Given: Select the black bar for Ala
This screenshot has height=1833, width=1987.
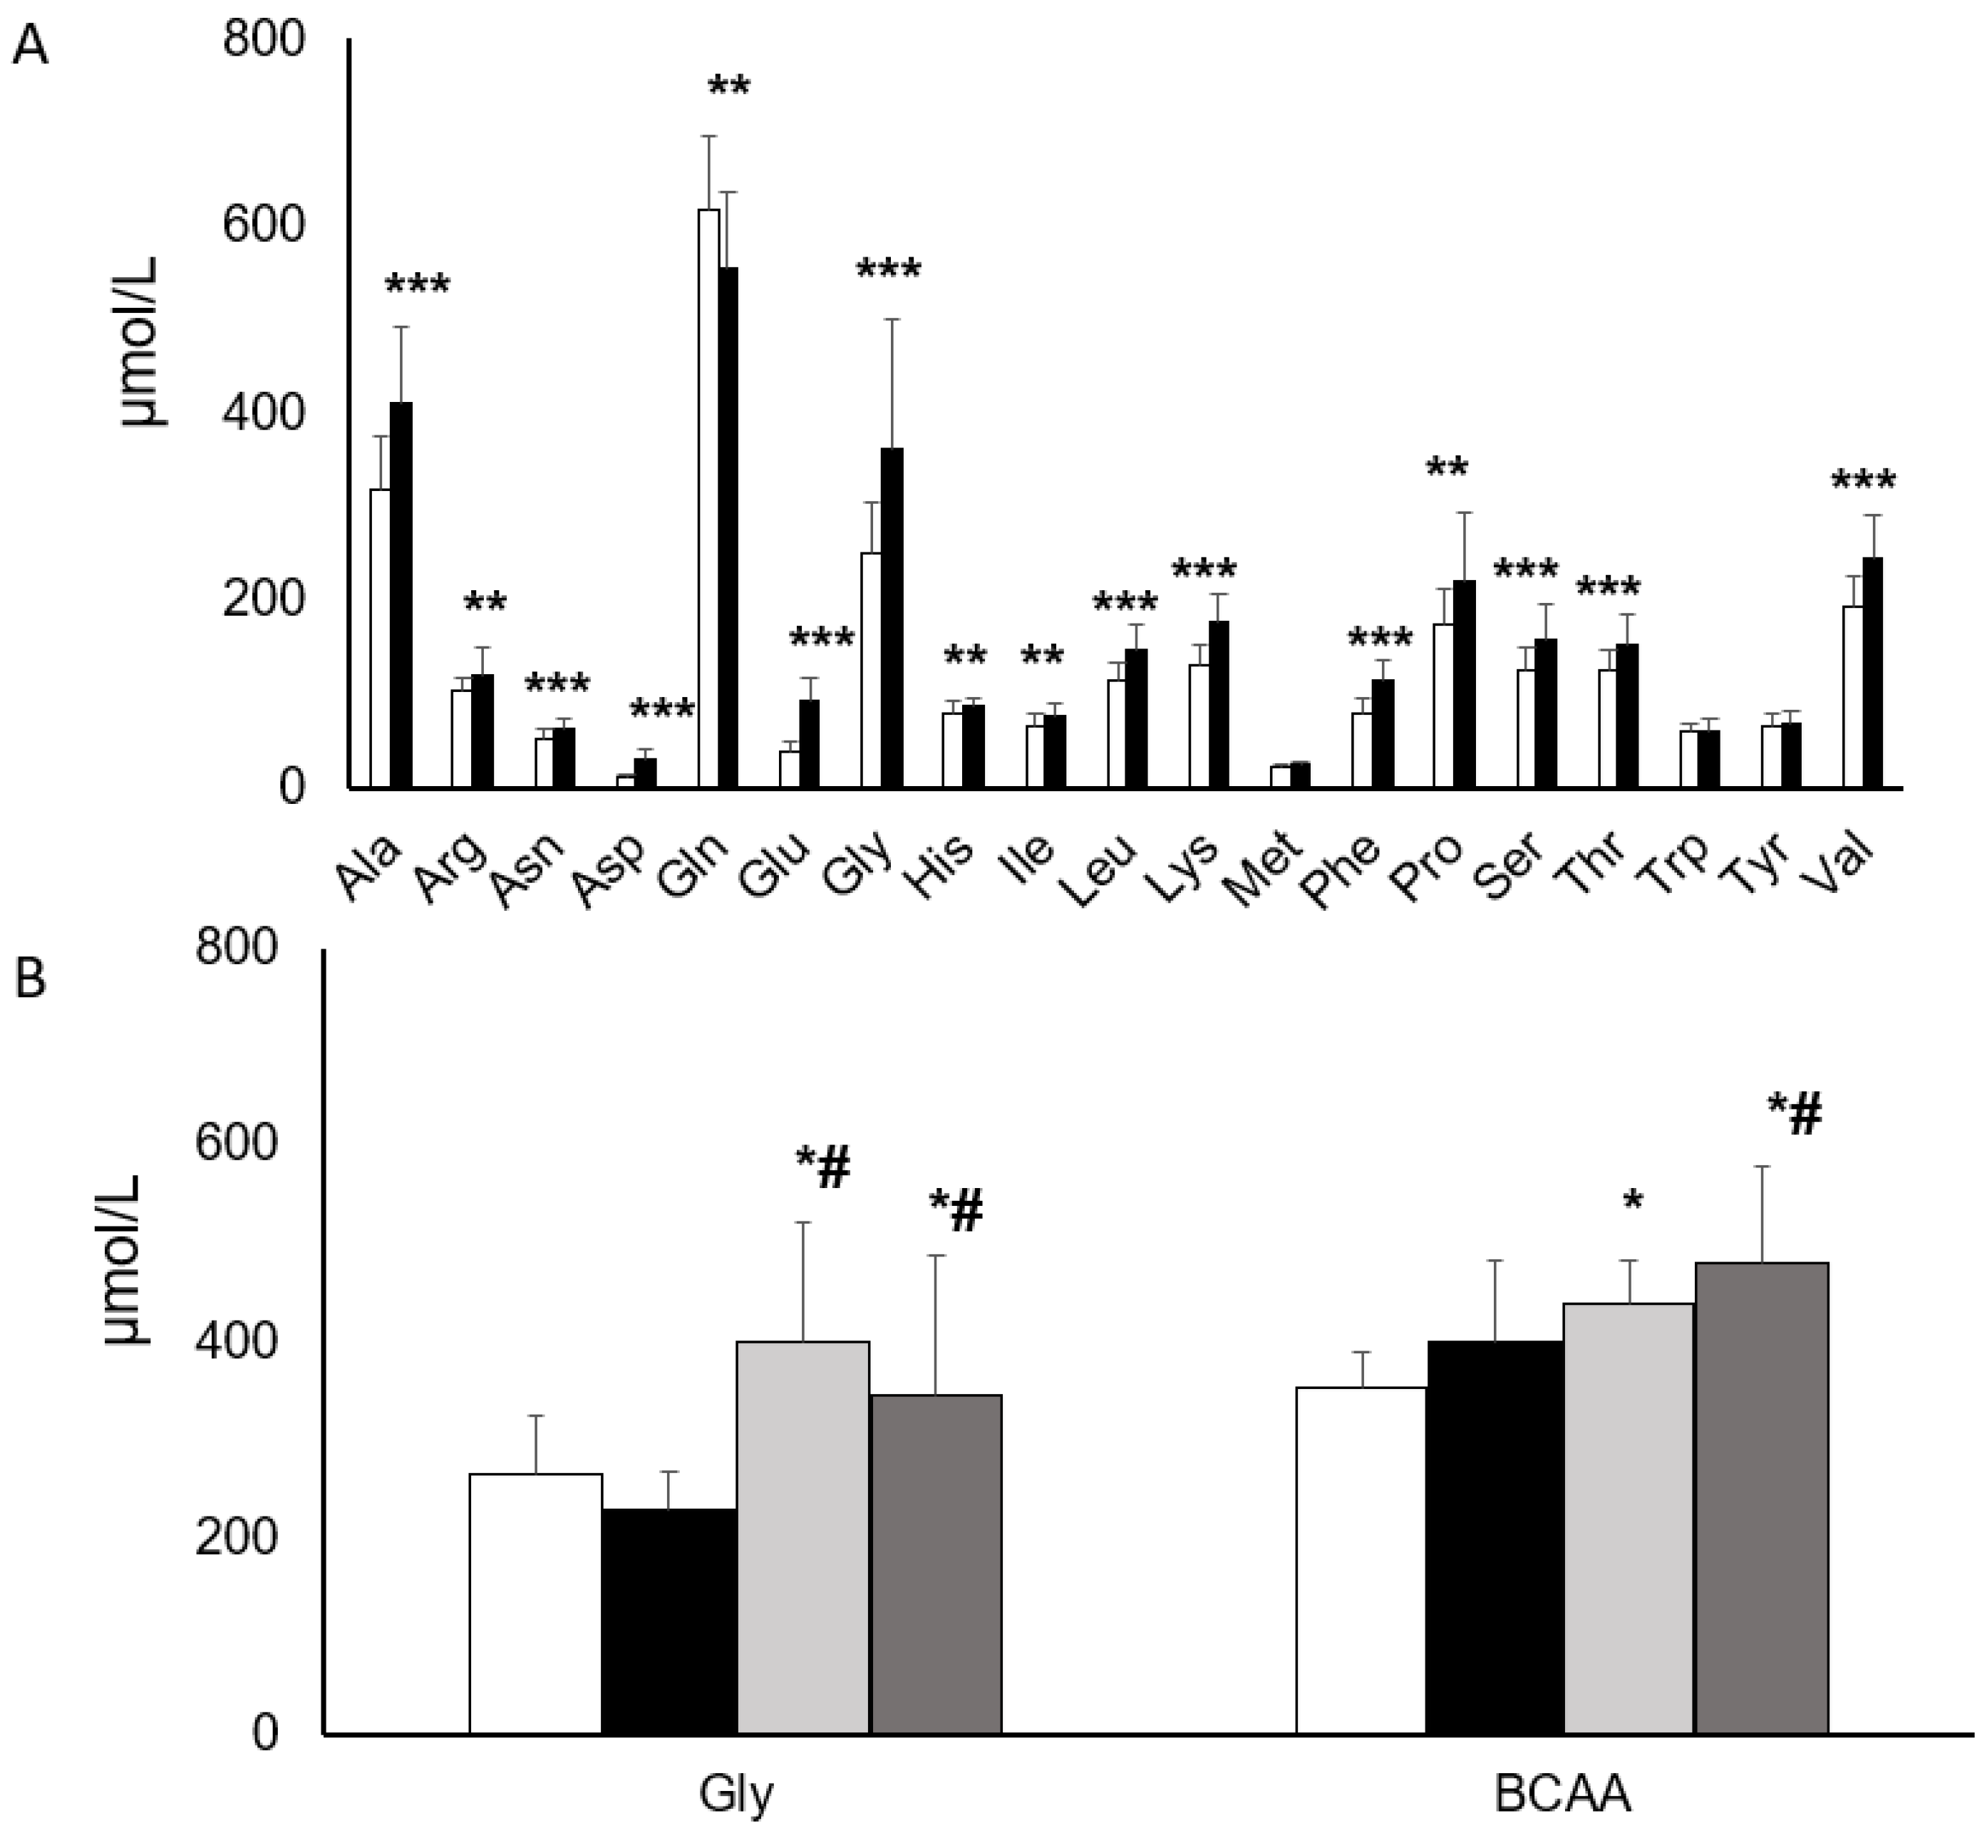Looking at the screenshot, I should tap(401, 595).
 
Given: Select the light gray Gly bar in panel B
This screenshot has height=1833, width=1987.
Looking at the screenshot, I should tap(802, 1537).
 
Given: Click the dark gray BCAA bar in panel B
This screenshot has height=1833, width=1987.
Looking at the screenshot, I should tap(1761, 1498).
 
